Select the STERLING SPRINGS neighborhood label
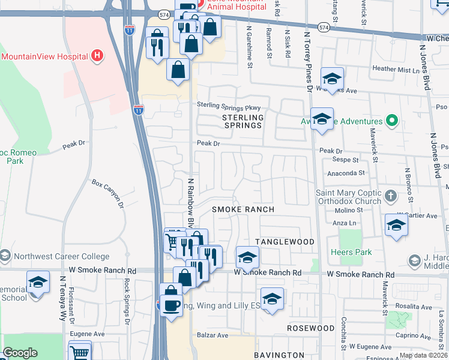(x=243, y=121)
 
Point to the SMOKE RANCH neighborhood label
(x=243, y=209)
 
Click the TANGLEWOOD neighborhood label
(x=285, y=241)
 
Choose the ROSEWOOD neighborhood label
(x=310, y=328)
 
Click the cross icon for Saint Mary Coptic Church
(x=391, y=196)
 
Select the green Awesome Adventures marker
(x=392, y=121)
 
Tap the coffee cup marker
(x=171, y=305)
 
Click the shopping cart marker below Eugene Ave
(x=80, y=352)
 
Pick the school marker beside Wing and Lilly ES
(x=272, y=298)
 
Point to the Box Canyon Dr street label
(x=107, y=194)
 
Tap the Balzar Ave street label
(x=213, y=335)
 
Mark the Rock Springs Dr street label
(x=127, y=301)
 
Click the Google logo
(x=20, y=353)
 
